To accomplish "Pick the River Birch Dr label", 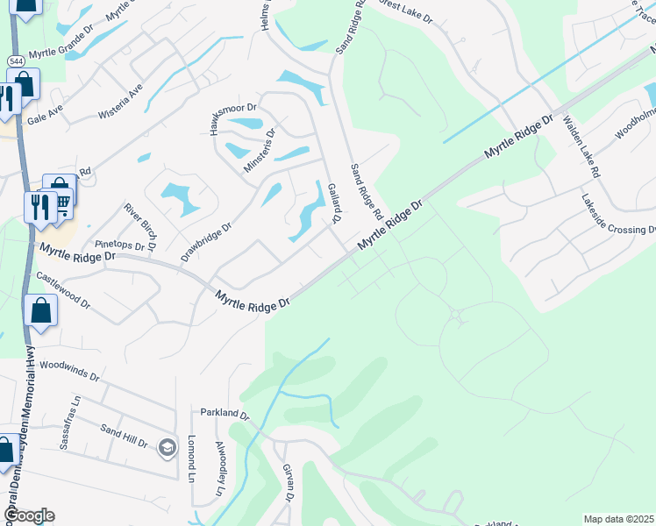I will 140,225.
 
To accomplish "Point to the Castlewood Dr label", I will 63,288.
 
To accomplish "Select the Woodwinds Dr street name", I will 69,368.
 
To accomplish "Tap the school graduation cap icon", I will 166,448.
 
